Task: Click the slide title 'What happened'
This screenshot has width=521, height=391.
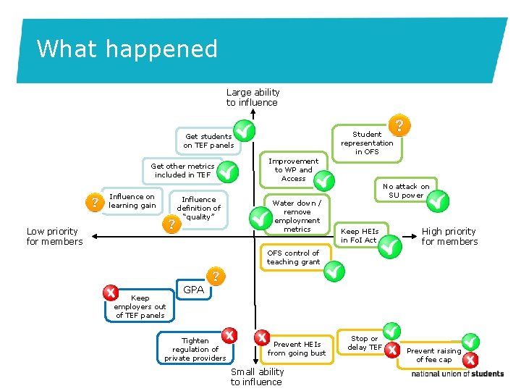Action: tap(127, 49)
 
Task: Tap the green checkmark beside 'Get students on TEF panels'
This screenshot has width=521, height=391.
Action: tap(245, 131)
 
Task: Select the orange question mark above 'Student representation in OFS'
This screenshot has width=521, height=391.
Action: tap(399, 125)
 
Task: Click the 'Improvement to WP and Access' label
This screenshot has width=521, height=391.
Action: tap(293, 169)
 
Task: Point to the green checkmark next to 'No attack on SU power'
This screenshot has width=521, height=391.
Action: tap(437, 201)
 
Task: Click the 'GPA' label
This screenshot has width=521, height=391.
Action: tap(193, 290)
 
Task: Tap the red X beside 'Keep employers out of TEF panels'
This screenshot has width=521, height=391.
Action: tap(110, 292)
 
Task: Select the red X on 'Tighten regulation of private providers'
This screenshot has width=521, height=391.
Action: tap(229, 335)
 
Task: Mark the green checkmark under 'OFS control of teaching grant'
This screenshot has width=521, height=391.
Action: tap(334, 272)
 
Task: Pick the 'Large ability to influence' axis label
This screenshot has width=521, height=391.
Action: tap(253, 97)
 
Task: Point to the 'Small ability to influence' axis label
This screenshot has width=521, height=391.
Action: tap(256, 377)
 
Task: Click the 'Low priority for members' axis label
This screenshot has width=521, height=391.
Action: tap(54, 236)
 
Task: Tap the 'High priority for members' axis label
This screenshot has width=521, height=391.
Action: tap(449, 236)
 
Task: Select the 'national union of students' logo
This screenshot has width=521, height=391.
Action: tap(457, 374)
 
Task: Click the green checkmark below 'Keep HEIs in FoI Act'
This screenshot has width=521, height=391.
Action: tap(390, 247)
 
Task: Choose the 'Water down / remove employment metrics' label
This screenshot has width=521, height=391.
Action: tap(297, 216)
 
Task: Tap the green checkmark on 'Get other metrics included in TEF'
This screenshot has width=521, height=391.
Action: tap(227, 172)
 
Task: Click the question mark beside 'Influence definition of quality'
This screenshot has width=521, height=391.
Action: tap(171, 224)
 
